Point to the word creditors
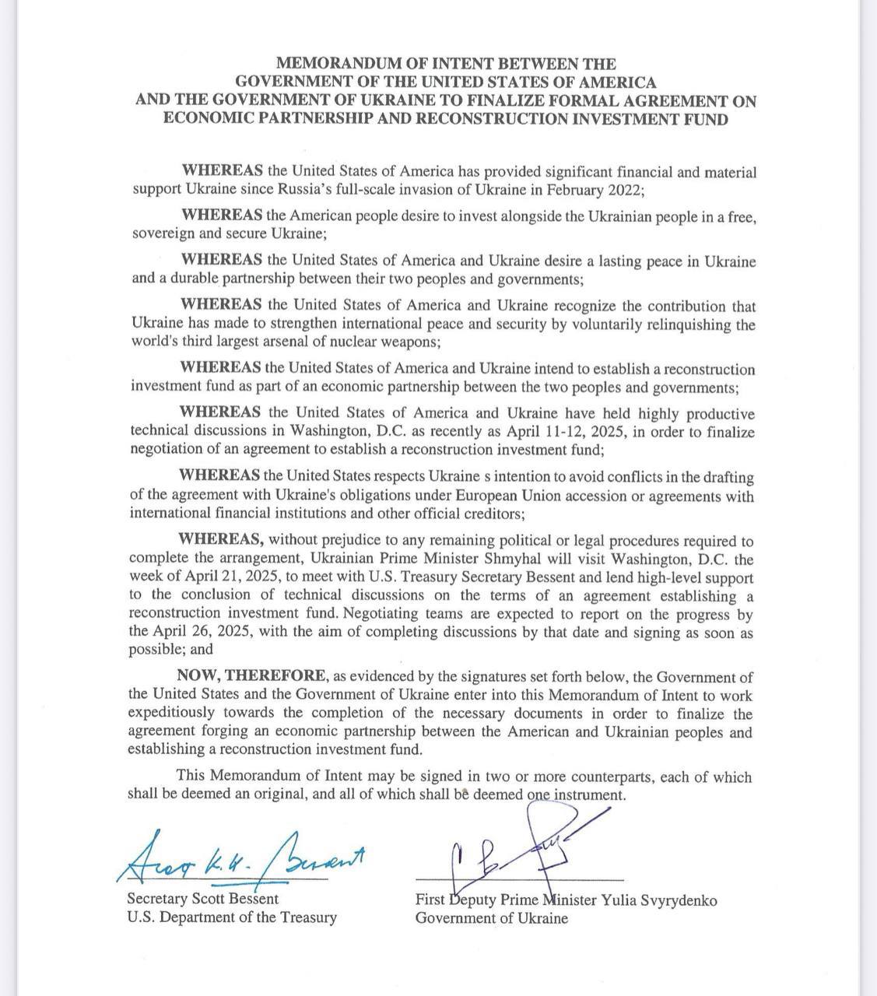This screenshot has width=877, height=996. [484, 514]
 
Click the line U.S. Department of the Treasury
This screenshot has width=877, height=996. [232, 917]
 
